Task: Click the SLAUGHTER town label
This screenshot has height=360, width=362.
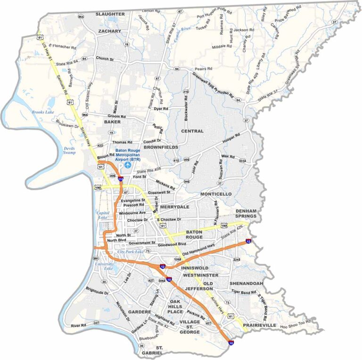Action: [x=110, y=14]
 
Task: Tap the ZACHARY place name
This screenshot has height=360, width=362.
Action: [x=110, y=31]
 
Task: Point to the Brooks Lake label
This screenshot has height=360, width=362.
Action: [x=41, y=112]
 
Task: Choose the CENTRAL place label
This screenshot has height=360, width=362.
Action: [x=192, y=131]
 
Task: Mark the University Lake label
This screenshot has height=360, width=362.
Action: [x=105, y=266]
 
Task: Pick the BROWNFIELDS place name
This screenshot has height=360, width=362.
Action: [x=161, y=147]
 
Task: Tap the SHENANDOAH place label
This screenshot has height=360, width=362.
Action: [x=246, y=283]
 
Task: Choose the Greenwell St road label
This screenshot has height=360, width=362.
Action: [x=159, y=193]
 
